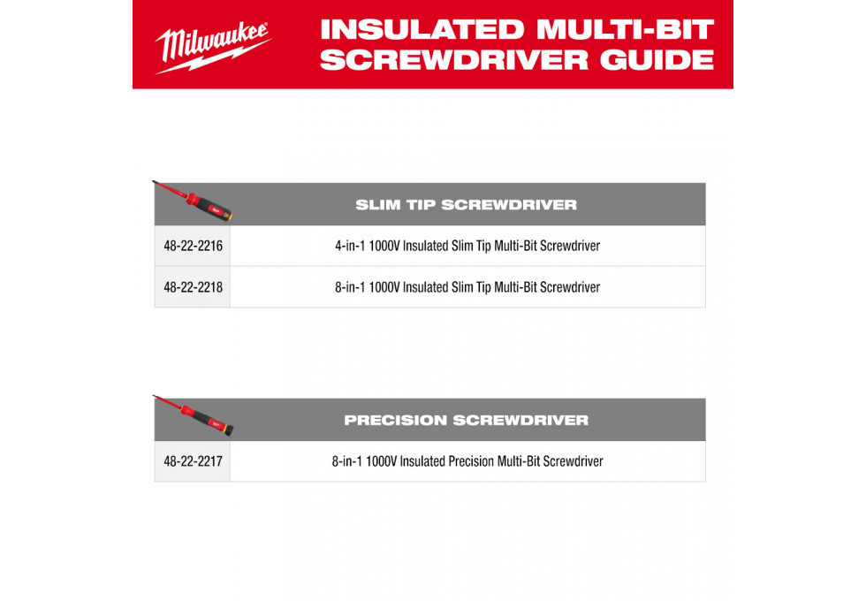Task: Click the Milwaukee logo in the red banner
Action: [213, 48]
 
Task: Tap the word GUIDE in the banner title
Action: [657, 60]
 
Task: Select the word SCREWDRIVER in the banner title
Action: [454, 60]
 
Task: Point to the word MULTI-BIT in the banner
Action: [626, 30]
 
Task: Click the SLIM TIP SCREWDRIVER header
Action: [467, 205]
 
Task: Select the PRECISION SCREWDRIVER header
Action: [467, 421]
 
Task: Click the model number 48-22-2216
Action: [194, 246]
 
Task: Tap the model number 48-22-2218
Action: [194, 287]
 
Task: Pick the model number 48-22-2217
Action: [194, 461]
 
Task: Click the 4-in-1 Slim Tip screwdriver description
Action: [467, 246]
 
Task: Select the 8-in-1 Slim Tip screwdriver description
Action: [467, 287]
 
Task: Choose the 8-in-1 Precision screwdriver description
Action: [467, 461]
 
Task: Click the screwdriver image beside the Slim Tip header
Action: [194, 202]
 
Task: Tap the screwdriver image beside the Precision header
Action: [194, 416]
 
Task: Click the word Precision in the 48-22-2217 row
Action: [471, 461]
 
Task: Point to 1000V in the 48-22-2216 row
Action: [384, 246]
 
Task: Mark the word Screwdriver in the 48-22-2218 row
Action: [570, 287]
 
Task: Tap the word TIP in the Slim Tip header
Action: [421, 205]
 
